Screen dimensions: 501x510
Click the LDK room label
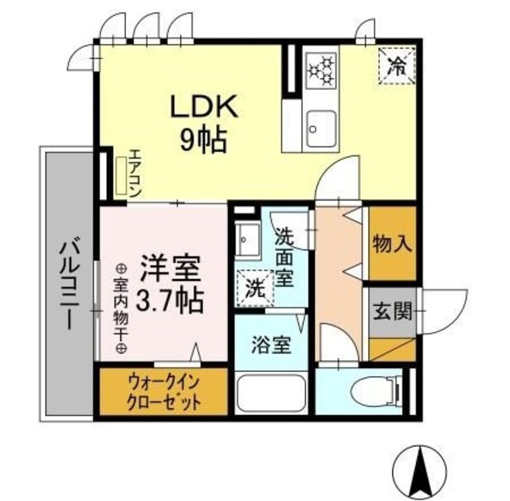pos(200,109)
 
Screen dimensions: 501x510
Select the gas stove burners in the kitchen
pos(322,70)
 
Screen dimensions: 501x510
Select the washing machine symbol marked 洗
pos(253,288)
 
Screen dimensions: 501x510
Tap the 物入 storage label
pos(392,242)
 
